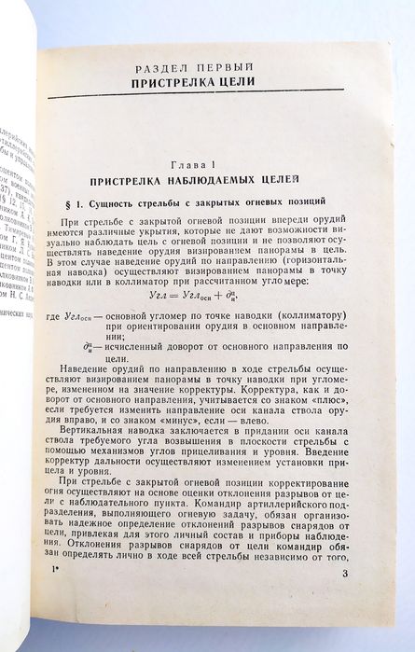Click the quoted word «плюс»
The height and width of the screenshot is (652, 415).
328,410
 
